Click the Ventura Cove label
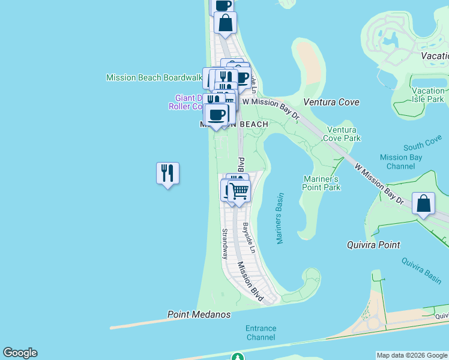pyautogui.click(x=331, y=102)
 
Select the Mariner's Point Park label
pyautogui.click(x=322, y=183)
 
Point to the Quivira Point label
pyautogui.click(x=373, y=245)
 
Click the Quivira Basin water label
pyautogui.click(x=421, y=268)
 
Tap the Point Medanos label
pyautogui.click(x=199, y=314)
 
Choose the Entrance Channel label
pyautogui.click(x=261, y=332)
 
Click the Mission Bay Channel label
pyautogui.click(x=401, y=161)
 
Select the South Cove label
pyautogui.click(x=423, y=146)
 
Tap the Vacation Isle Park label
pyautogui.click(x=428, y=95)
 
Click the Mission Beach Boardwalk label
pyautogui.click(x=154, y=77)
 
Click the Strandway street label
pyautogui.click(x=225, y=243)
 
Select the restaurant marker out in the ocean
pyautogui.click(x=167, y=173)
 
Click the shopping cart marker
pyautogui.click(x=239, y=191)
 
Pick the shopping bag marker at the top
pyautogui.click(x=225, y=23)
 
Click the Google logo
pyautogui.click(x=20, y=353)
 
